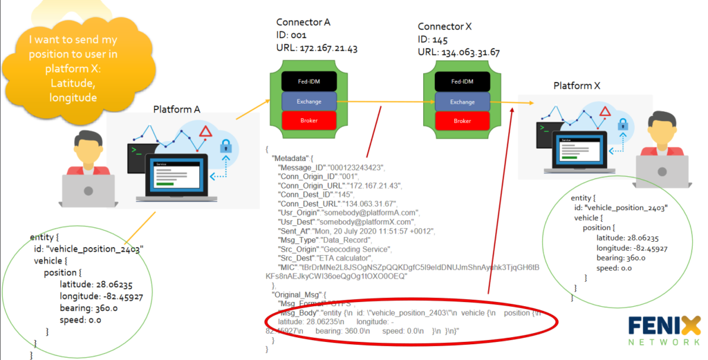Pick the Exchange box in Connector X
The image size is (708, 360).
point(463,102)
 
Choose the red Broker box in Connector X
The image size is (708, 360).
point(463,121)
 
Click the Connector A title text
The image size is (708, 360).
point(303,22)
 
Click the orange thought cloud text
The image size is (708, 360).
point(66,68)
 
